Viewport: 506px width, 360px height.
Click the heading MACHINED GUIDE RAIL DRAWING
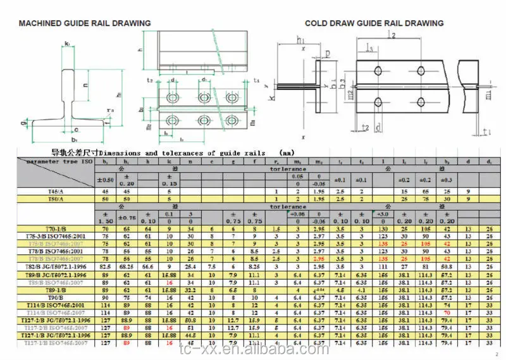click(85, 23)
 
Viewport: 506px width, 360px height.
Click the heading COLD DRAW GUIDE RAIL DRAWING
click(374, 23)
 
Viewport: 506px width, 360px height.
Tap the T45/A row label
click(54, 191)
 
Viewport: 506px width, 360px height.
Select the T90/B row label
click(54, 297)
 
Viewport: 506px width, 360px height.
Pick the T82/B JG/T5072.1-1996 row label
click(54, 268)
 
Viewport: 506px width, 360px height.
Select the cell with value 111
click(383, 268)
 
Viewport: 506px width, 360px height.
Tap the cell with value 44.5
click(190, 335)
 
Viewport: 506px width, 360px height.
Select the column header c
click(212, 161)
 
